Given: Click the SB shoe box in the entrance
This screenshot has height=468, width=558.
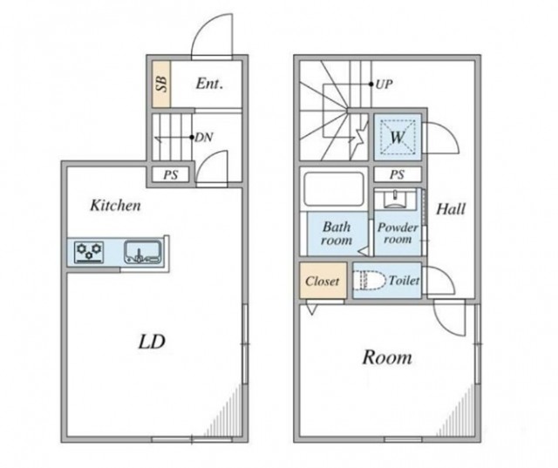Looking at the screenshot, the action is coord(161,85).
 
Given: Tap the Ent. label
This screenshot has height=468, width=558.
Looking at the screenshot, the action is coord(209,84).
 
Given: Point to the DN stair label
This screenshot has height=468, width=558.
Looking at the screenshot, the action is coord(204,138).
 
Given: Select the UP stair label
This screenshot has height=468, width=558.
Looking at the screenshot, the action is coord(384,85).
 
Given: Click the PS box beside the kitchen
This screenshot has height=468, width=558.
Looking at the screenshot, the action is coord(171,174).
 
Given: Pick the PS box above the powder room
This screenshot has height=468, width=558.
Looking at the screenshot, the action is coord(398,174).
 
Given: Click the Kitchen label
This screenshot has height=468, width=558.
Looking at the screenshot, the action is coord(115,206).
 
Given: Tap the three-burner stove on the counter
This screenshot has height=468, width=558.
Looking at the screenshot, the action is coord(89,252).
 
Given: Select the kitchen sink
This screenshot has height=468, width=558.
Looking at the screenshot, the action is coord(143,252).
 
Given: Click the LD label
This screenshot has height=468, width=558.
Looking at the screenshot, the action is coord(152,342).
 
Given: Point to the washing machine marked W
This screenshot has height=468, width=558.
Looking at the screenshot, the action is coord(398,137).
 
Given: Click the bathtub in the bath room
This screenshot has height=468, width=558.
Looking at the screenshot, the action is coord(334,189).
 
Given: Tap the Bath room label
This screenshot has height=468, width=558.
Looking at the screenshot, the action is coord(337,234).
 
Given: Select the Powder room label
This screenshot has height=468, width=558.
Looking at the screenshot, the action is coord(398,233).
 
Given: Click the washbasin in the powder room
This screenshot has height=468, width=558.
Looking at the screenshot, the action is coord(395,199).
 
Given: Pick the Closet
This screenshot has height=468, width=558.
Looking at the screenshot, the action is coord(323,281).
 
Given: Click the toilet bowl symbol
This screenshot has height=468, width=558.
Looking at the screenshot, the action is coord(370,280).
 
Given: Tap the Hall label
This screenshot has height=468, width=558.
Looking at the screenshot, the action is coord(451,209).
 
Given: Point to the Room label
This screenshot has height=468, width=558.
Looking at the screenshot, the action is coord(387,357).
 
